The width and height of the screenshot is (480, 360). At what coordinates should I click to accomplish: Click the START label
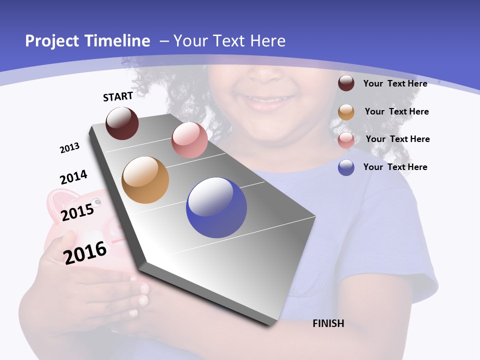[118, 96]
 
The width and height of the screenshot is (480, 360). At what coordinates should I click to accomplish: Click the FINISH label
[328, 323]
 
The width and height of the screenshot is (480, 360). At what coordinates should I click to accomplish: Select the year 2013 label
[69, 148]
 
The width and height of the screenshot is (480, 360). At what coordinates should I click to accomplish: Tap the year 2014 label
[73, 177]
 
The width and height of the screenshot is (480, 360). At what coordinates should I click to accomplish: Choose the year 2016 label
[85, 252]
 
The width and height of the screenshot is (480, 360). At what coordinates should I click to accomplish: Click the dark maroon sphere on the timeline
[122, 123]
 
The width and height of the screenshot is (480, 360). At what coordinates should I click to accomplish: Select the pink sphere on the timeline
[189, 140]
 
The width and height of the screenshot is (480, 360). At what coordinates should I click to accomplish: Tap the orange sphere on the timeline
[145, 180]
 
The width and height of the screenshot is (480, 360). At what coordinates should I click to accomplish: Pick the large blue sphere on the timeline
[216, 207]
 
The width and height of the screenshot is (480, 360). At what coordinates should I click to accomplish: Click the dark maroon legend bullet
[346, 83]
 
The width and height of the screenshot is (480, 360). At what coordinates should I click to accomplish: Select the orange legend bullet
[346, 112]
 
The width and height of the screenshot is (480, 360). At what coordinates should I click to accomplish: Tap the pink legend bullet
[346, 139]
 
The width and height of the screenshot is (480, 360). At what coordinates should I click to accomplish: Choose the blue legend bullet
[346, 167]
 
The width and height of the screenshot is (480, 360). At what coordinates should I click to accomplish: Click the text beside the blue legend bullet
[395, 167]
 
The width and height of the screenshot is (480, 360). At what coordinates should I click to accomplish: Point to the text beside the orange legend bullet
[396, 111]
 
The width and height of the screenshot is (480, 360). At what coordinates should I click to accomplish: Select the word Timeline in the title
[119, 41]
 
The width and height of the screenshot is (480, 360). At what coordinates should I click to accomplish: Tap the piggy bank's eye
[96, 202]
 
